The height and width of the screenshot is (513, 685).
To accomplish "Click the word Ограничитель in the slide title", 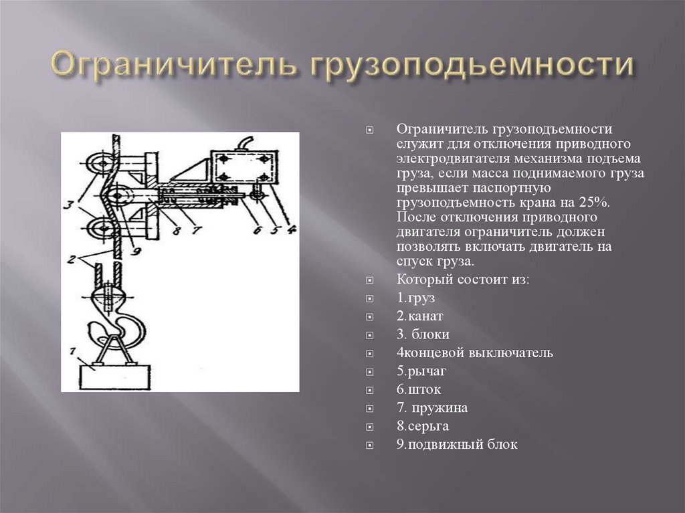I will pyautogui.click(x=172, y=66).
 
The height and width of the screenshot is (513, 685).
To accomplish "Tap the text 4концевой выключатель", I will pyautogui.click(x=474, y=352).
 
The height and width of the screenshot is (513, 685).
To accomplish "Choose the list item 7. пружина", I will pyautogui.click(x=431, y=408).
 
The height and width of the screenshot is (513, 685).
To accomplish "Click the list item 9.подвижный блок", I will pyautogui.click(x=457, y=444).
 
